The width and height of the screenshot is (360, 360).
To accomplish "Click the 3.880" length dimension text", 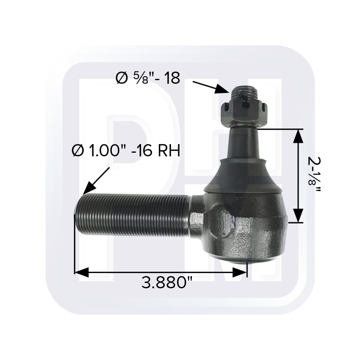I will (x=167, y=283).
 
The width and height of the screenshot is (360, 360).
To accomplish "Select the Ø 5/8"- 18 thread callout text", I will (x=148, y=78).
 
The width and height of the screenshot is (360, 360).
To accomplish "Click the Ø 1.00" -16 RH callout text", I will (x=126, y=151).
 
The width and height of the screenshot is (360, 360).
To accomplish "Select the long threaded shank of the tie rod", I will (x=132, y=216).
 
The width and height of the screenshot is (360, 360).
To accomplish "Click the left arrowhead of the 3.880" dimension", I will (x=80, y=272).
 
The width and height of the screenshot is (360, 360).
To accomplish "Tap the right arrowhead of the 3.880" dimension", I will (x=240, y=272).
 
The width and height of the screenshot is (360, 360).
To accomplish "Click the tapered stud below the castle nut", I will (x=244, y=141).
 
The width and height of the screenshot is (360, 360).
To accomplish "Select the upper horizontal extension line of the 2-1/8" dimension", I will (x=279, y=129).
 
